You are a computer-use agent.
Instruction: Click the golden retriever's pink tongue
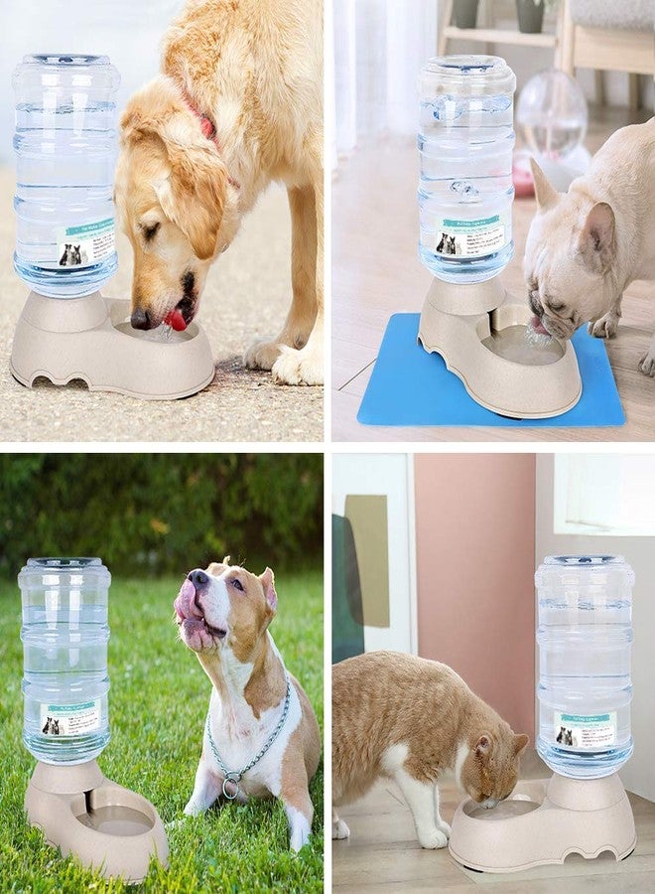pyautogui.click(x=176, y=320)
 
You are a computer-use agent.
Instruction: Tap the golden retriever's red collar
pyautogui.click(x=206, y=125)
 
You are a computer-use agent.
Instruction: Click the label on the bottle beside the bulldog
pyautogui.click(x=468, y=236)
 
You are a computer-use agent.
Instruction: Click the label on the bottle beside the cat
pyautogui.click(x=585, y=731)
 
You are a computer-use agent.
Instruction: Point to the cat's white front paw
pyautogui.click(x=434, y=836)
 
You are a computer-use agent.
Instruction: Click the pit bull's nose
pyautogui.click(x=198, y=577)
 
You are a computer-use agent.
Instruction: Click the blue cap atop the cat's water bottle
pyautogui.click(x=584, y=560)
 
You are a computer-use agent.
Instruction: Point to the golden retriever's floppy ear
pyautogui.click(x=189, y=189)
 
